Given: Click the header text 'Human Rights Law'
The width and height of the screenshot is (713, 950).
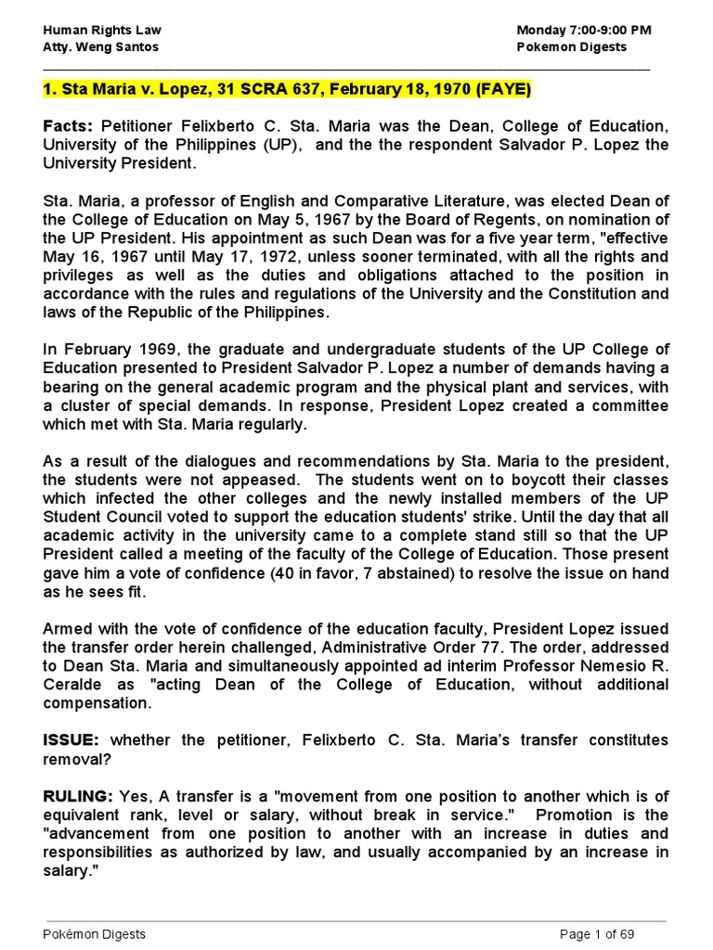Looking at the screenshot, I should [x=96, y=30].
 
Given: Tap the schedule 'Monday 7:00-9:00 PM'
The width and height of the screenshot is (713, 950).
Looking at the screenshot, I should [x=584, y=30].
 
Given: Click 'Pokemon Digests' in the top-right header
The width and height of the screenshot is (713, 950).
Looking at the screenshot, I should [x=571, y=46].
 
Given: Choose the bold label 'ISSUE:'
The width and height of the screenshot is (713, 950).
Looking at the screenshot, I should [x=72, y=739].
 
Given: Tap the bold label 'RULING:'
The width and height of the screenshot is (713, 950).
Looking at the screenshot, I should [x=77, y=797].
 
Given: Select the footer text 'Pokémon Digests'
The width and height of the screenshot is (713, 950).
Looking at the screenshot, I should [x=95, y=933].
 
